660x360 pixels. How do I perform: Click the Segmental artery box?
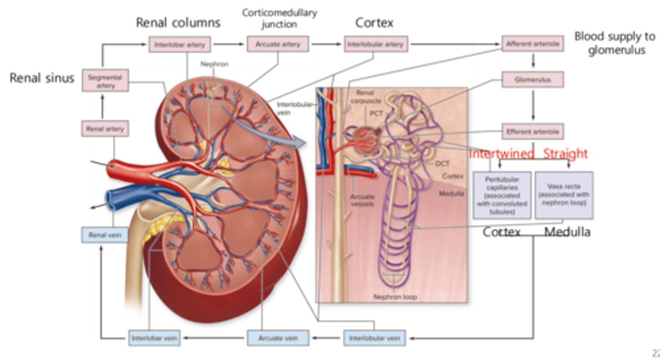105,81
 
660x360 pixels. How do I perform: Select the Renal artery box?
105,129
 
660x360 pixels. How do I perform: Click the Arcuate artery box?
278,44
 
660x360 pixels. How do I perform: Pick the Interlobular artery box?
375,44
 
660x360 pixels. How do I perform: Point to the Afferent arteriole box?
532,44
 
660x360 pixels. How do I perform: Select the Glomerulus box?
532,80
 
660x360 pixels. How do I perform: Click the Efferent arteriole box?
532,131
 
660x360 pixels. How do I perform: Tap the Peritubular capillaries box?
502,195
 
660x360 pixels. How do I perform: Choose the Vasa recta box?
563,195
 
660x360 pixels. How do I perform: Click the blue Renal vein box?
104,235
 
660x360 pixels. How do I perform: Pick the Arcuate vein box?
278,338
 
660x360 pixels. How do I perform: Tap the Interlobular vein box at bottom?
374,338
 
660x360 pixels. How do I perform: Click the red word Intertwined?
501,153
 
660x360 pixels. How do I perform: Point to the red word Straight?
565,153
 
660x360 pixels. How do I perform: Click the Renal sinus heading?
42,78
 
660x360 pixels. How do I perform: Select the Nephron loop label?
395,297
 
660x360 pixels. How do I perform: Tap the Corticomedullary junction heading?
279,18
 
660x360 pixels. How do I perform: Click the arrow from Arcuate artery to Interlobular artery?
326,44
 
